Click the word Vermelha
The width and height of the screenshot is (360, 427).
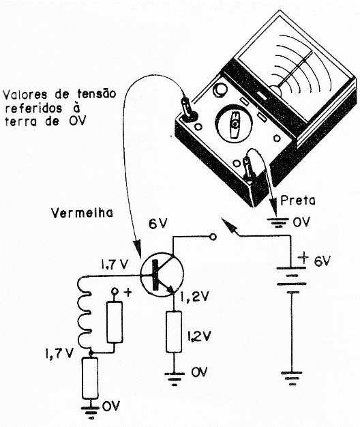pyautogui.click(x=82, y=213)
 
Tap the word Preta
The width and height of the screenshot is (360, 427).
pyautogui.click(x=298, y=200)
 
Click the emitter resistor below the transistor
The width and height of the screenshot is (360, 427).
pyautogui.click(x=174, y=332)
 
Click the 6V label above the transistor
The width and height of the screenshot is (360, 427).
pyautogui.click(x=157, y=224)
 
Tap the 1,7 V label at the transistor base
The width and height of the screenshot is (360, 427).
pyautogui.click(x=115, y=264)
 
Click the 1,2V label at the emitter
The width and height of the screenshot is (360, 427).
pyautogui.click(x=194, y=296)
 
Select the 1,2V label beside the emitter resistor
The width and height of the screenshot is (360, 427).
pyautogui.click(x=199, y=336)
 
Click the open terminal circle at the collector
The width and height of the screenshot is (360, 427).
pyautogui.click(x=213, y=237)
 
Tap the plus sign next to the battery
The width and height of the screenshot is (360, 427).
pyautogui.click(x=303, y=257)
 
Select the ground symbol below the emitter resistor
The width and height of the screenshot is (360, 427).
pyautogui.click(x=174, y=379)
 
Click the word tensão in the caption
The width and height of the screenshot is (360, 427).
pyautogui.click(x=97, y=93)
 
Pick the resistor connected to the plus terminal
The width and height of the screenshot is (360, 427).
pyautogui.click(x=115, y=322)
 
